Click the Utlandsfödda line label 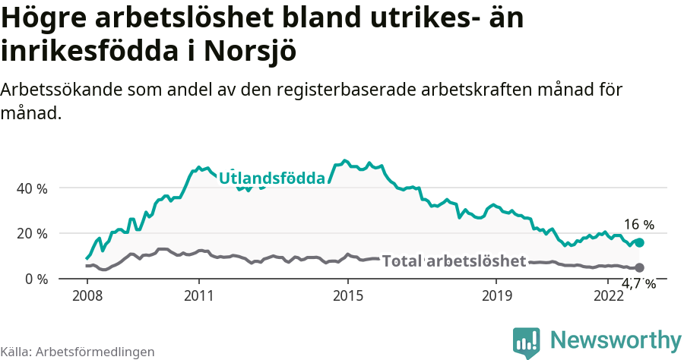272,178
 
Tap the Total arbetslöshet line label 454,261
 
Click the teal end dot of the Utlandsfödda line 640,242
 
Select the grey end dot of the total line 640,267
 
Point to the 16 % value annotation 638,225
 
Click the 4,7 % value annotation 638,284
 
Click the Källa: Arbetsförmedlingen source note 78,352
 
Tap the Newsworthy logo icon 527,343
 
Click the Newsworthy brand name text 616,340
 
